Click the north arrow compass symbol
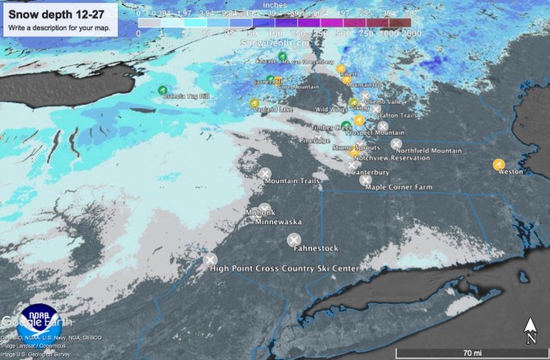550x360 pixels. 531,329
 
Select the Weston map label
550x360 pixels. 510,172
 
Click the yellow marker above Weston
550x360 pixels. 498,164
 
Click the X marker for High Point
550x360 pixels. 210,259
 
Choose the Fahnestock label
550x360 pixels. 315,248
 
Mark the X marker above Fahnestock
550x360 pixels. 294,239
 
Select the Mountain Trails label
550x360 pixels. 292,181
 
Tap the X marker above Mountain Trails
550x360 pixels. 266,173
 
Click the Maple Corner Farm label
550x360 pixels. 398,186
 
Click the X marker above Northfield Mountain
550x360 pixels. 396,143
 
